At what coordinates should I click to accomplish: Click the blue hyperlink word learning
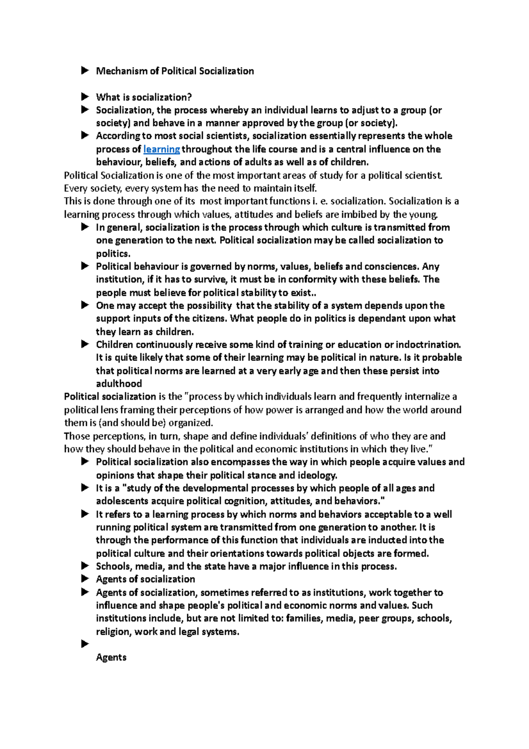(162, 149)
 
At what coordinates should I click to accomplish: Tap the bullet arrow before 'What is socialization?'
(85, 97)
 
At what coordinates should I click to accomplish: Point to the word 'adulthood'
(119, 384)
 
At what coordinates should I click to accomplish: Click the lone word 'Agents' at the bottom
(111, 657)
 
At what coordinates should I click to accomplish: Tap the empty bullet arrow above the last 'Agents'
(85, 644)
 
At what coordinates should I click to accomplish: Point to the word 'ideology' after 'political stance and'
(317, 475)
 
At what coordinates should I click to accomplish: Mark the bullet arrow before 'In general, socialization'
(85, 227)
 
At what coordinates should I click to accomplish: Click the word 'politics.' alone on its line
(113, 254)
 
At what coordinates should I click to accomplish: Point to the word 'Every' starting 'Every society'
(75, 188)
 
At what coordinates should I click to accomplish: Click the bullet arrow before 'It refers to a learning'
(85, 514)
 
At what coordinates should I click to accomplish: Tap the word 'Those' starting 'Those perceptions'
(76, 436)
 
